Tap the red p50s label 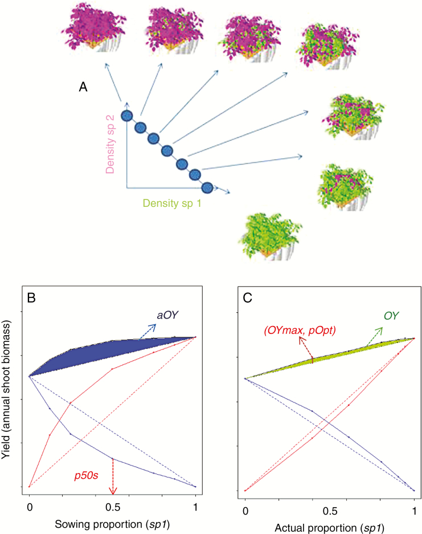88,474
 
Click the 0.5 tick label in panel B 112,506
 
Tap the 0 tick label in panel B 29,506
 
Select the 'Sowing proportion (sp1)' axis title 112,523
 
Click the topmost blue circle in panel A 127,116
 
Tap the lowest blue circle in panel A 207,187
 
